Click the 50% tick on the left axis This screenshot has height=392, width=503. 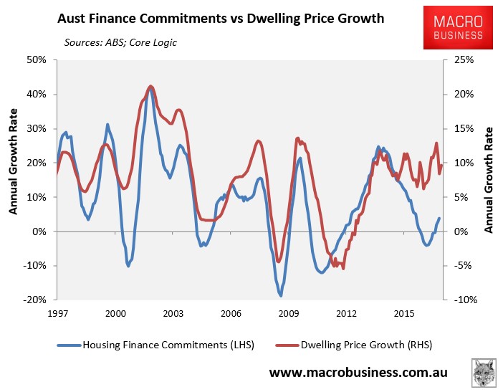tap(37, 60)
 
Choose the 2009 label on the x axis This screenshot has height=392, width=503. tap(288, 313)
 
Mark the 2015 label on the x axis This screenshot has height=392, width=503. tap(405, 313)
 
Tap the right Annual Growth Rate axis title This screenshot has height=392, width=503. tap(490, 180)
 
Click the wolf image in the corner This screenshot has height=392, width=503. tap(484, 373)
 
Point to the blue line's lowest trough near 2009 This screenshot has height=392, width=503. tap(281, 295)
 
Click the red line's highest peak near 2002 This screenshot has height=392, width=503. tap(150, 86)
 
